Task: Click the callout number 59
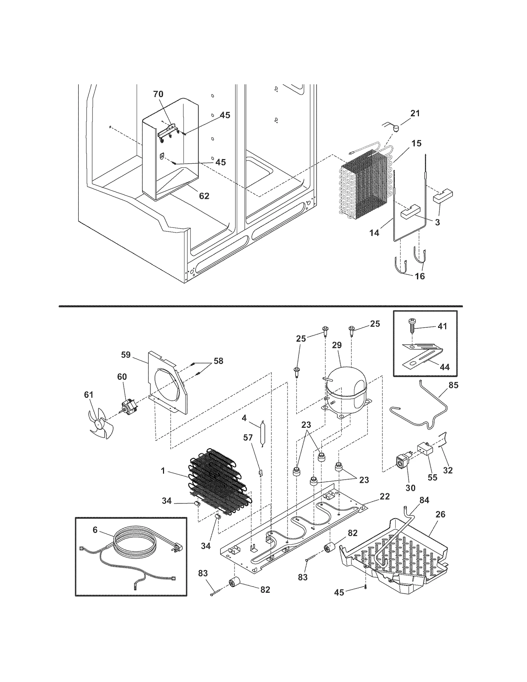click(x=125, y=355)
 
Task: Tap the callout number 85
click(x=454, y=385)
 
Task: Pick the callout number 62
click(x=204, y=196)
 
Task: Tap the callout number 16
click(x=420, y=276)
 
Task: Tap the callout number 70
click(x=158, y=94)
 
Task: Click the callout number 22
click(x=385, y=496)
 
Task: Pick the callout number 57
click(x=248, y=437)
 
